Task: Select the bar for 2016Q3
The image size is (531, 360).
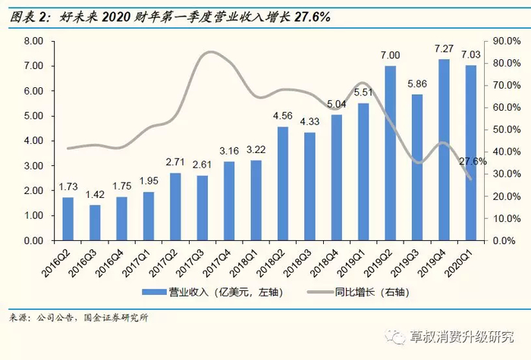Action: point(95,223)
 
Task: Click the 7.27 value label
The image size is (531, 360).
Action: point(445,50)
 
